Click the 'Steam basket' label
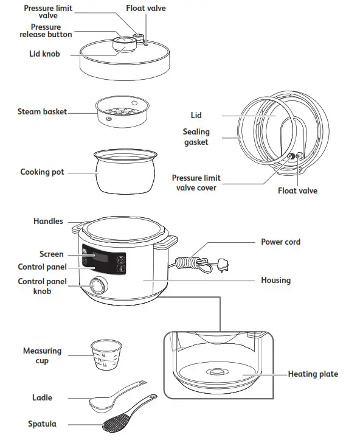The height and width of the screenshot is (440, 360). click(x=42, y=112)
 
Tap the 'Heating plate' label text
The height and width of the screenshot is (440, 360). click(x=313, y=374)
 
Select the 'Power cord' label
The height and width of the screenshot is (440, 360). click(x=280, y=242)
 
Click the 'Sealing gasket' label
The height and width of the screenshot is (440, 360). click(x=196, y=137)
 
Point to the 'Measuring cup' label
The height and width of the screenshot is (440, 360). click(x=42, y=356)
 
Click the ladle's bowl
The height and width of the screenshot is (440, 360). click(x=99, y=402)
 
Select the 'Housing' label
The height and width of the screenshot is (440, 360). click(x=275, y=281)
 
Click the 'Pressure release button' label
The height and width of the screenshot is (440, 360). click(x=46, y=31)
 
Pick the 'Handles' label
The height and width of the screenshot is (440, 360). click(x=48, y=222)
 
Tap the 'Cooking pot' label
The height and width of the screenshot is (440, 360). click(x=42, y=172)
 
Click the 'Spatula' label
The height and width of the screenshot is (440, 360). click(x=43, y=424)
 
